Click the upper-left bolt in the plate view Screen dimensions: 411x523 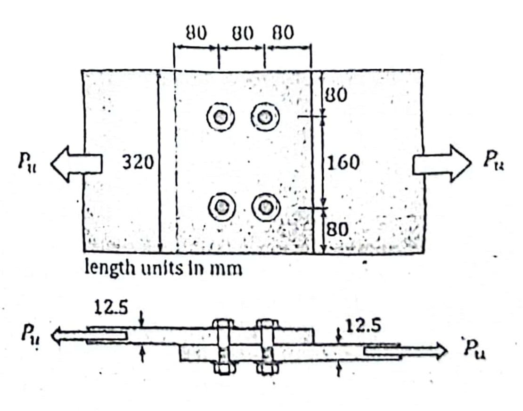click(220, 115)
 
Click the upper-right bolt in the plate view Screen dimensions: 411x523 click(265, 115)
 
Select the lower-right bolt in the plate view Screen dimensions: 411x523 click(265, 206)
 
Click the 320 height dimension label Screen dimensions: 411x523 click(138, 163)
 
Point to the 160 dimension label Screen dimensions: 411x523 click(344, 163)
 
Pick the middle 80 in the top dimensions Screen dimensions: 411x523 click(243, 33)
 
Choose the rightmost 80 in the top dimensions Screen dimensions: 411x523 click(283, 33)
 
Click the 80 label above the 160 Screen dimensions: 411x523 click(336, 95)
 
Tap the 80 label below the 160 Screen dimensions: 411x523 click(338, 230)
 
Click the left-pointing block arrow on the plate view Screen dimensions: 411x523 click(76, 164)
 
